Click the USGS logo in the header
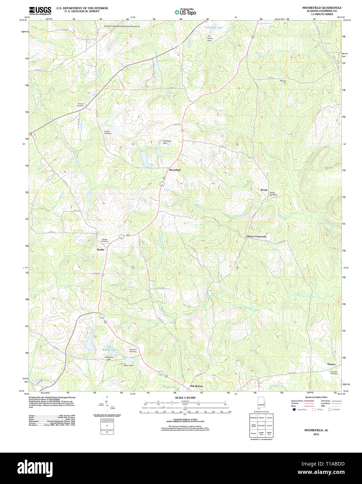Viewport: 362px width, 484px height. coord(40,10)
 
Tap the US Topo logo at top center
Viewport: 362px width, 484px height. coord(185,12)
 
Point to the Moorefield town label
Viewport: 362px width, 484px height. coord(175,170)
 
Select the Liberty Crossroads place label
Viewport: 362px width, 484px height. coord(256,236)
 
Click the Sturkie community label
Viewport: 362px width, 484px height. coord(100,249)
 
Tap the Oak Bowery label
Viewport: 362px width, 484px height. coord(196,386)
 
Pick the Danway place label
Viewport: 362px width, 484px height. coord(331,364)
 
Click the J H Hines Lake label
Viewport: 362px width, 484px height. coord(214,28)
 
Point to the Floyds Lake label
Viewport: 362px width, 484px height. coord(169,387)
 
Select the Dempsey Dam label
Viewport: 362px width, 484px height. coord(167,142)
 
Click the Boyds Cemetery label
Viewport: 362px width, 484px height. coord(273,193)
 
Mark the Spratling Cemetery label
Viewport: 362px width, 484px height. coord(133,351)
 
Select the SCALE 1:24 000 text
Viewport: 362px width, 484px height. coord(185,398)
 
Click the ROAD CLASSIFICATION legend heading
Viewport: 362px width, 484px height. coord(316,397)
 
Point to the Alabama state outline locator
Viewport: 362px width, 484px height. coord(261,404)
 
